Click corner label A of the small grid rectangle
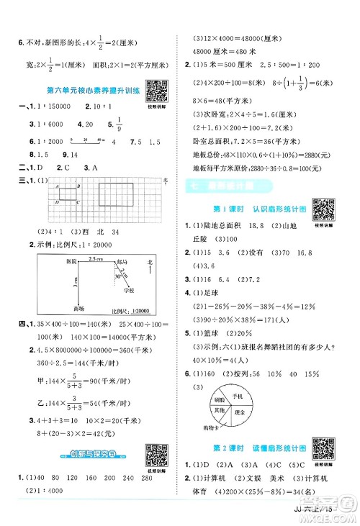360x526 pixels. click(x=55, y=186)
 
